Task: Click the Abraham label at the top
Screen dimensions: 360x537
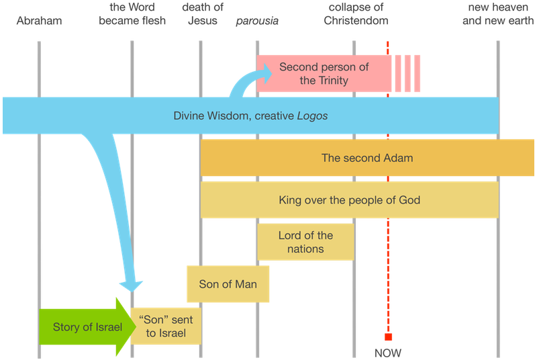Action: (40, 21)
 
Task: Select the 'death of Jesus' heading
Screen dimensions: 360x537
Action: (203, 14)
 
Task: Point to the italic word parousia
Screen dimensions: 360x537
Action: (258, 21)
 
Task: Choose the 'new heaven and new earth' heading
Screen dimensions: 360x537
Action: (497, 14)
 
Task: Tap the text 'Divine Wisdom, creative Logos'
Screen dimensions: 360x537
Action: (250, 116)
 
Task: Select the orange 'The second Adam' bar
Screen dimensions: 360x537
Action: (367, 159)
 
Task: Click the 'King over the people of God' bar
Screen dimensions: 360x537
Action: (349, 199)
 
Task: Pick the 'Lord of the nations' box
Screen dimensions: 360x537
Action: (305, 242)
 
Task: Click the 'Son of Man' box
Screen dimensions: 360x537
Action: (228, 283)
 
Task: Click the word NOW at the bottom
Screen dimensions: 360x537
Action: (388, 353)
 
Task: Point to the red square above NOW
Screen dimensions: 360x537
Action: (388, 337)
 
